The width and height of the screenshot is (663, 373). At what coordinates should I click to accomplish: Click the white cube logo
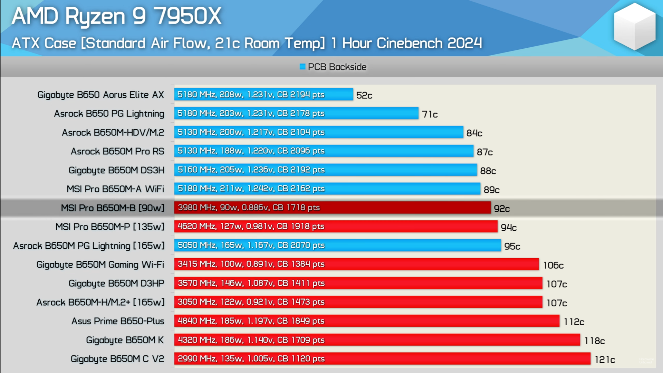click(x=634, y=27)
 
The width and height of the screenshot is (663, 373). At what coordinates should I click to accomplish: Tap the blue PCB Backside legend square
click(x=302, y=67)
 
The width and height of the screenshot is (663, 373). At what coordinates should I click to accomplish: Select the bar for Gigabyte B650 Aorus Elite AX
click(x=263, y=94)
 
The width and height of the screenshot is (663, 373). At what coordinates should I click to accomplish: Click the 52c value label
click(x=364, y=95)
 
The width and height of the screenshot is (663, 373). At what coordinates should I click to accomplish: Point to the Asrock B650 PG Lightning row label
click(x=109, y=114)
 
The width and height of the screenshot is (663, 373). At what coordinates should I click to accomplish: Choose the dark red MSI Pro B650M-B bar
click(x=332, y=208)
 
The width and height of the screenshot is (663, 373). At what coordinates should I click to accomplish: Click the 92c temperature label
click(x=501, y=209)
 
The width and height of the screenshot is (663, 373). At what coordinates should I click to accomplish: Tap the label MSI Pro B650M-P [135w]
click(x=110, y=227)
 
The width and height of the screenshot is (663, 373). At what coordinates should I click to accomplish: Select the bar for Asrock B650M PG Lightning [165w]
click(x=337, y=245)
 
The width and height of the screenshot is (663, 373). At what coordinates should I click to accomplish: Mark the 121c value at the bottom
click(x=605, y=360)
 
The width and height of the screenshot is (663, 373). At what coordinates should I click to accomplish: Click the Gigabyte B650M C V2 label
click(x=117, y=359)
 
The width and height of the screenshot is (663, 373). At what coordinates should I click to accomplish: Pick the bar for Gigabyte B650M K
click(x=377, y=340)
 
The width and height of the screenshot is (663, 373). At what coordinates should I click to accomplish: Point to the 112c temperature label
click(x=574, y=322)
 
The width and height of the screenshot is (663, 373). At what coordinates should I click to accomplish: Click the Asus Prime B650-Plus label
click(x=118, y=321)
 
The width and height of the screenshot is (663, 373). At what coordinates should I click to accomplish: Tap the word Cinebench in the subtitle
click(x=409, y=44)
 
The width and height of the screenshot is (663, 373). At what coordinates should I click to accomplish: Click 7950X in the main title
click(x=187, y=16)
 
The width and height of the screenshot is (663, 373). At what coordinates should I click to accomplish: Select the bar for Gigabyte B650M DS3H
click(x=325, y=170)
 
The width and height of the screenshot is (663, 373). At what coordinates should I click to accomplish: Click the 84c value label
click(x=474, y=133)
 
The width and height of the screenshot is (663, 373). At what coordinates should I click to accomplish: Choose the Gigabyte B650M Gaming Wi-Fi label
click(x=100, y=265)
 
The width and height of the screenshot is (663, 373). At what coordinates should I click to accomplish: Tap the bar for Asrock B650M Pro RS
click(x=324, y=151)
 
